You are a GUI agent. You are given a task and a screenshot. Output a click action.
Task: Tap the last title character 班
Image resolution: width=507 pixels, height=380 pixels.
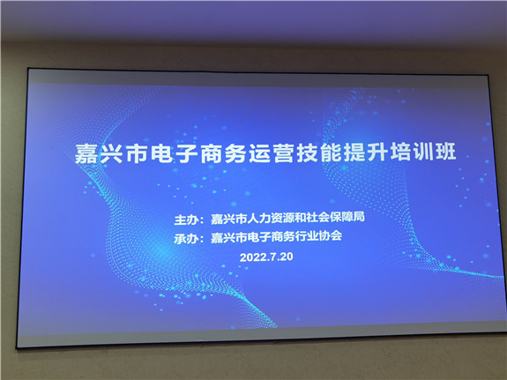click(x=446, y=151)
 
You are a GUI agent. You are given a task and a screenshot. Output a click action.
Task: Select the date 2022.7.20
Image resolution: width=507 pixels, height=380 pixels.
click(x=266, y=257)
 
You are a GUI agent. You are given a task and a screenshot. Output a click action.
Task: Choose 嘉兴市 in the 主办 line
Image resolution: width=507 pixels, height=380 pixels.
click(x=228, y=219)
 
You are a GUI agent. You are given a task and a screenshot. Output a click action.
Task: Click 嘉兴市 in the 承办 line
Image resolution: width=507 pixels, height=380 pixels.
click(x=228, y=238)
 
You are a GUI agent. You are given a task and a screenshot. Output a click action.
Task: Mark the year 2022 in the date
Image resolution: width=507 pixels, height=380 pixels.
click(x=252, y=257)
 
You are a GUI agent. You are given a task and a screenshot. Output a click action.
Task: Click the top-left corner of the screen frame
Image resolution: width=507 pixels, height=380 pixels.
click(x=28, y=68)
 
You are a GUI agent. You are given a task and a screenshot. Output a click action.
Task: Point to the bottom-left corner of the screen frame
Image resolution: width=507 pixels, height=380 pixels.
click(x=17, y=347)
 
